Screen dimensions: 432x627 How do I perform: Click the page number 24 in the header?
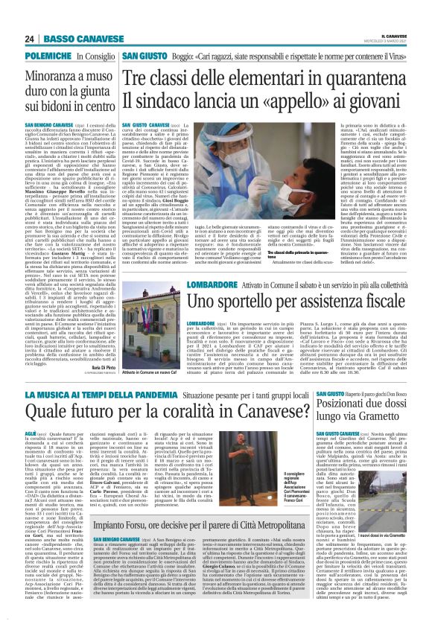[30, 39]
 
